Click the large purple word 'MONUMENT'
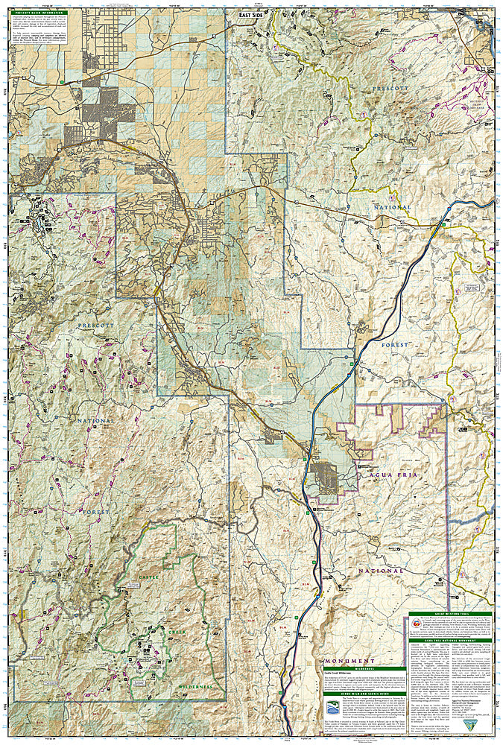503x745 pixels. (x=349, y=661)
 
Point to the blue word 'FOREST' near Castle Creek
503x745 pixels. (x=95, y=513)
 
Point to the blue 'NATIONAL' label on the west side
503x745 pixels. (x=95, y=420)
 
